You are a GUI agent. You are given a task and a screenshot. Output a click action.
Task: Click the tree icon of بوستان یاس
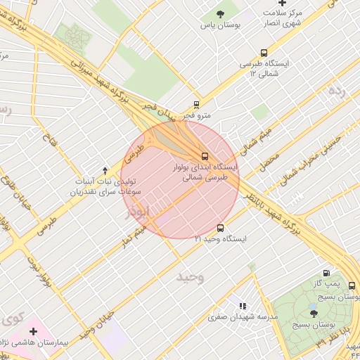click(221, 13)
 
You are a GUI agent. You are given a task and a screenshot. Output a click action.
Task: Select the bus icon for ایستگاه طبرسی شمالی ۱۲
click(264, 53)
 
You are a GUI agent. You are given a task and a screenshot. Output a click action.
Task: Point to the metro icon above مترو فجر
click(196, 103)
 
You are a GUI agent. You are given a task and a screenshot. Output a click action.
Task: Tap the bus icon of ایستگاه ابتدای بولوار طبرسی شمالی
click(204, 155)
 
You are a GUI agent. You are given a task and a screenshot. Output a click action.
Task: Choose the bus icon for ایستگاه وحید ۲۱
click(221, 227)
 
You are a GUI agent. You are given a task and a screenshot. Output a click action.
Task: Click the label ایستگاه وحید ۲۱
click(221, 239)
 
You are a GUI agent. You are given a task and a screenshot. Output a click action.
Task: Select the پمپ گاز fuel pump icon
click(326, 273)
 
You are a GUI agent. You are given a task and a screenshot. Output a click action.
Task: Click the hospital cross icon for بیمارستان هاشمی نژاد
click(33, 330)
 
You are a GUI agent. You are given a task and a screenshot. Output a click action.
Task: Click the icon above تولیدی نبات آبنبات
click(105, 169)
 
